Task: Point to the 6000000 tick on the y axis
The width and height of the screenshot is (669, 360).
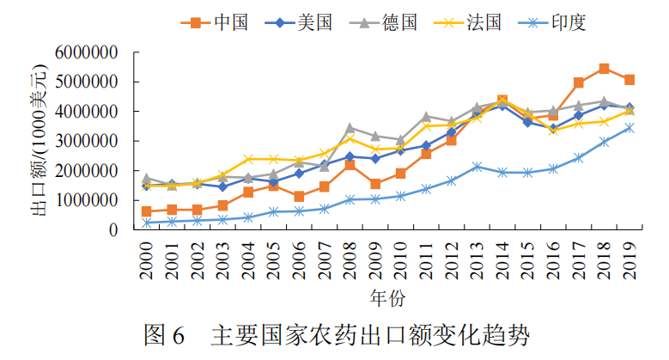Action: [86, 52]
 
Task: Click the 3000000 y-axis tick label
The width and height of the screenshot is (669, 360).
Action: [86, 141]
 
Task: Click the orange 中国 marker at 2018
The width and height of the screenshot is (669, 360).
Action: [604, 69]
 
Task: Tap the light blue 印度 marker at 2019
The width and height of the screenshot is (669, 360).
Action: [629, 128]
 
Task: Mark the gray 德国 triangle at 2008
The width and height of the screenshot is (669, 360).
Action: [350, 128]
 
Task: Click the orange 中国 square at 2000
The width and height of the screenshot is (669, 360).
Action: [147, 211]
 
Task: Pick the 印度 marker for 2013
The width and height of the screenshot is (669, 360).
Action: [477, 167]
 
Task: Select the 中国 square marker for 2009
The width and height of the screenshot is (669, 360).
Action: [375, 184]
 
